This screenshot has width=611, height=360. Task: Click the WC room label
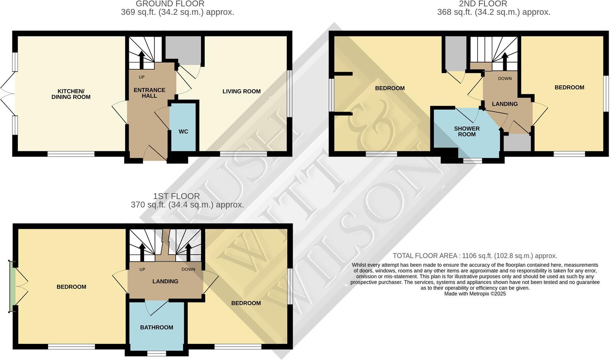pos(183,132)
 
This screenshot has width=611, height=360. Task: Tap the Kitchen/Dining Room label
pos(71,94)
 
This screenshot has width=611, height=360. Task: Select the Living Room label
pos(241,91)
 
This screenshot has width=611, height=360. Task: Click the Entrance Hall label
pos(149,93)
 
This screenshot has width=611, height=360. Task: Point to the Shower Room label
pos(467,131)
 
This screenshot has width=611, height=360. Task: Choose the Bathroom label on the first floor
pos(157,327)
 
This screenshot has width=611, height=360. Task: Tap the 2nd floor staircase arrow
pos(504,59)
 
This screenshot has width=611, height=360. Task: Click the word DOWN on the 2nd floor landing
pos(504,78)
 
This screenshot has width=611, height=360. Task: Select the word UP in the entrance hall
pos(142,77)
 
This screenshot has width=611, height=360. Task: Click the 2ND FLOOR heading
pos(483,4)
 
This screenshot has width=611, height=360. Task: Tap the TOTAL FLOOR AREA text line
pos(475,256)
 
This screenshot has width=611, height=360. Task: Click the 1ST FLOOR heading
pos(176,196)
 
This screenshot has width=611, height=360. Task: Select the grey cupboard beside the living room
pos(183,48)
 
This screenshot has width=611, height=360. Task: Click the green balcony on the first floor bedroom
pos(12,287)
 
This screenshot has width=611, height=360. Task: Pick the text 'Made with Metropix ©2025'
pos(475,294)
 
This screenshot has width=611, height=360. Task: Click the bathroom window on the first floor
pos(157,353)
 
